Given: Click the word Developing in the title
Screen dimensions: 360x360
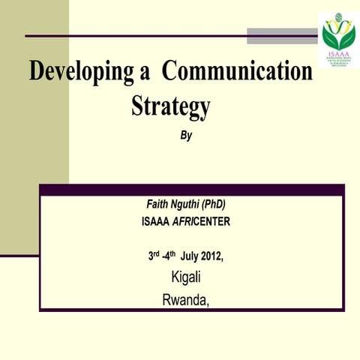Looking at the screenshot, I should [x=78, y=73].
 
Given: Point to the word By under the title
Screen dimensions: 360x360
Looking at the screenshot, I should [x=187, y=136].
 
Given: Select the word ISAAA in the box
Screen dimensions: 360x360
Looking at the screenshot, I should [x=157, y=221].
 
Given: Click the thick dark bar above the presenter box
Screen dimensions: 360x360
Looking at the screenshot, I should [x=192, y=190].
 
